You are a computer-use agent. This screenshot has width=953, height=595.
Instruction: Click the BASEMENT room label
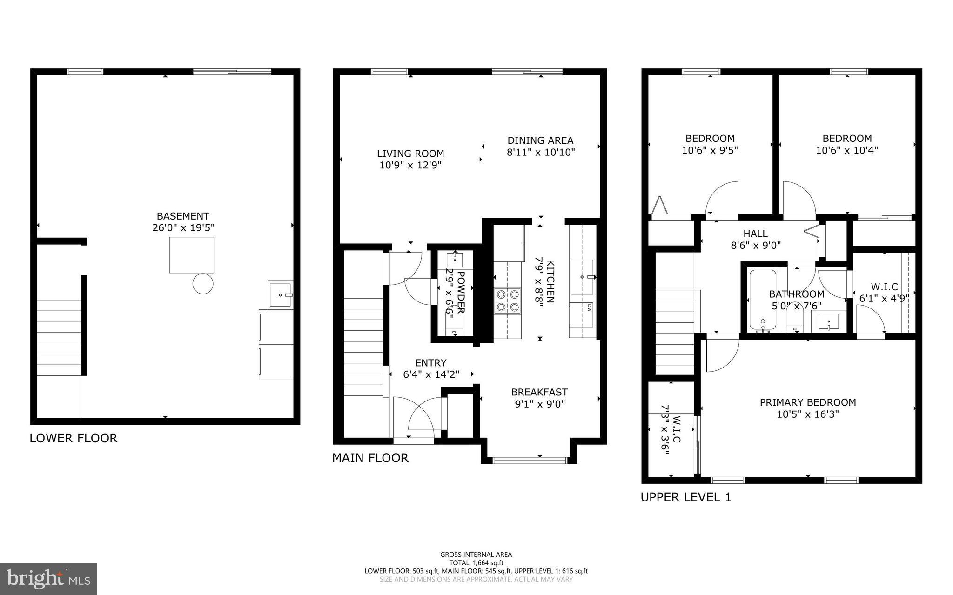[x=183, y=216]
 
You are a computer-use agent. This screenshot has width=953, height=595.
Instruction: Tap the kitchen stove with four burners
[x=507, y=300]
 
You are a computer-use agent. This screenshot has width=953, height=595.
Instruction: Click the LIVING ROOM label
[x=410, y=154]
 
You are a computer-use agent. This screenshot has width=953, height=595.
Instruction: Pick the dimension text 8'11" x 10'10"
[x=541, y=152]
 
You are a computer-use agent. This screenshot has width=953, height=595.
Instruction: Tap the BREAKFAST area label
[x=539, y=392]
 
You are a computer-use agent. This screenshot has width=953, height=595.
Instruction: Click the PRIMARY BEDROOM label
[x=807, y=402]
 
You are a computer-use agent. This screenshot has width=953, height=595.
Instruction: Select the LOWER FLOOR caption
[x=74, y=438]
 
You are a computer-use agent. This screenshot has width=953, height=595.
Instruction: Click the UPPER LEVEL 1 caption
[x=685, y=497]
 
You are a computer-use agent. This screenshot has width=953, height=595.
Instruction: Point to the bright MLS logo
[x=48, y=579]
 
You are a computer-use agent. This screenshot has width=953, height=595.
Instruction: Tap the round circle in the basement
[x=203, y=283]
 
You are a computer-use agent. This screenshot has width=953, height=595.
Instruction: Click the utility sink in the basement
[x=281, y=294]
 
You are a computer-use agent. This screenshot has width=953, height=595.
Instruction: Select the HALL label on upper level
[x=755, y=234]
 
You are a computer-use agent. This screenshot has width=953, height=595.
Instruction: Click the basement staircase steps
[x=59, y=337]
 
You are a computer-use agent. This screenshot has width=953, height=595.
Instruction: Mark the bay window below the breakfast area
[x=530, y=460]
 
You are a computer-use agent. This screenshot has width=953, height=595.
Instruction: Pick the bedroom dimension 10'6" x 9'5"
[x=710, y=150]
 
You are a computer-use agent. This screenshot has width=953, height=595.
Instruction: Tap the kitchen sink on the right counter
[x=582, y=277]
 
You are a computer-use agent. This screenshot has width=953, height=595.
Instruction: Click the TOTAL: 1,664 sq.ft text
[x=476, y=562]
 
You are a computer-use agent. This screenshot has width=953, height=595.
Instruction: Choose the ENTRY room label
[x=430, y=363]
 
